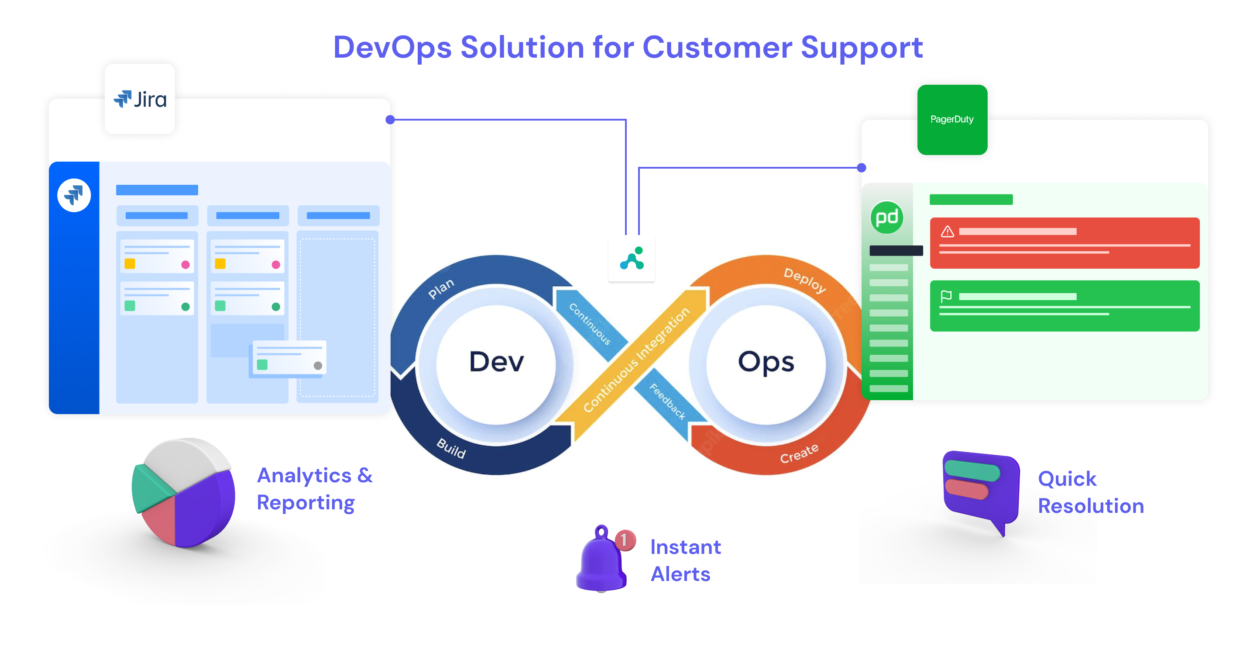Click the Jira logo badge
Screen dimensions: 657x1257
pos(140,99)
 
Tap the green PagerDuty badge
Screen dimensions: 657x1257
pos(951,120)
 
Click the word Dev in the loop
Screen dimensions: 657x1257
pos(496,361)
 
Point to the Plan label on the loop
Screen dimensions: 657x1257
pos(441,288)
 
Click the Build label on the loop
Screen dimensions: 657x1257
pos(451,447)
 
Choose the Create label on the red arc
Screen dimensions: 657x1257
pos(799,454)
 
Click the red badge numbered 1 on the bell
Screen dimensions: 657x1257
pos(625,540)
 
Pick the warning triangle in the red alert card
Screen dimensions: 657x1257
pos(947,232)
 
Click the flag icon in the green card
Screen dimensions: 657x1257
pos(946,296)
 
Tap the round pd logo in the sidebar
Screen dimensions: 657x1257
pos(886,218)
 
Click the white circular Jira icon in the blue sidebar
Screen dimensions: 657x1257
pos(74,195)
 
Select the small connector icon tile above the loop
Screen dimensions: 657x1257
pos(632,259)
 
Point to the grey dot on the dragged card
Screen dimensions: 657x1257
pos(318,365)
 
